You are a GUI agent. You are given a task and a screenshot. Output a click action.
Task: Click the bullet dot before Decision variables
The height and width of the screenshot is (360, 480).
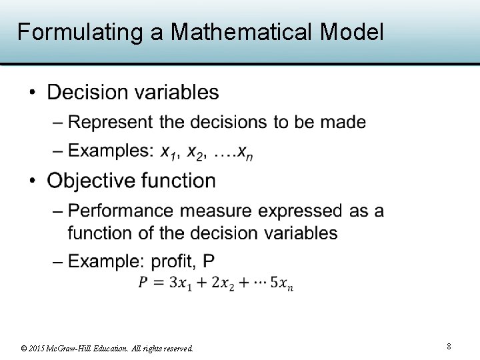click(x=33, y=92)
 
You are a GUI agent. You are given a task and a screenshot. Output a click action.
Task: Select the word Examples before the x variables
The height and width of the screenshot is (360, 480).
click(x=111, y=151)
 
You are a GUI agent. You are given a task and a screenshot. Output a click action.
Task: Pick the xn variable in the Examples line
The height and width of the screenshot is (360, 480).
click(x=245, y=153)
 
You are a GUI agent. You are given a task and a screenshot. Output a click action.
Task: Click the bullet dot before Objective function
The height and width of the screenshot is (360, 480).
click(x=33, y=181)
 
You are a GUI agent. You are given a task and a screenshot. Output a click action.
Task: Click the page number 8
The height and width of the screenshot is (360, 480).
click(x=449, y=346)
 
